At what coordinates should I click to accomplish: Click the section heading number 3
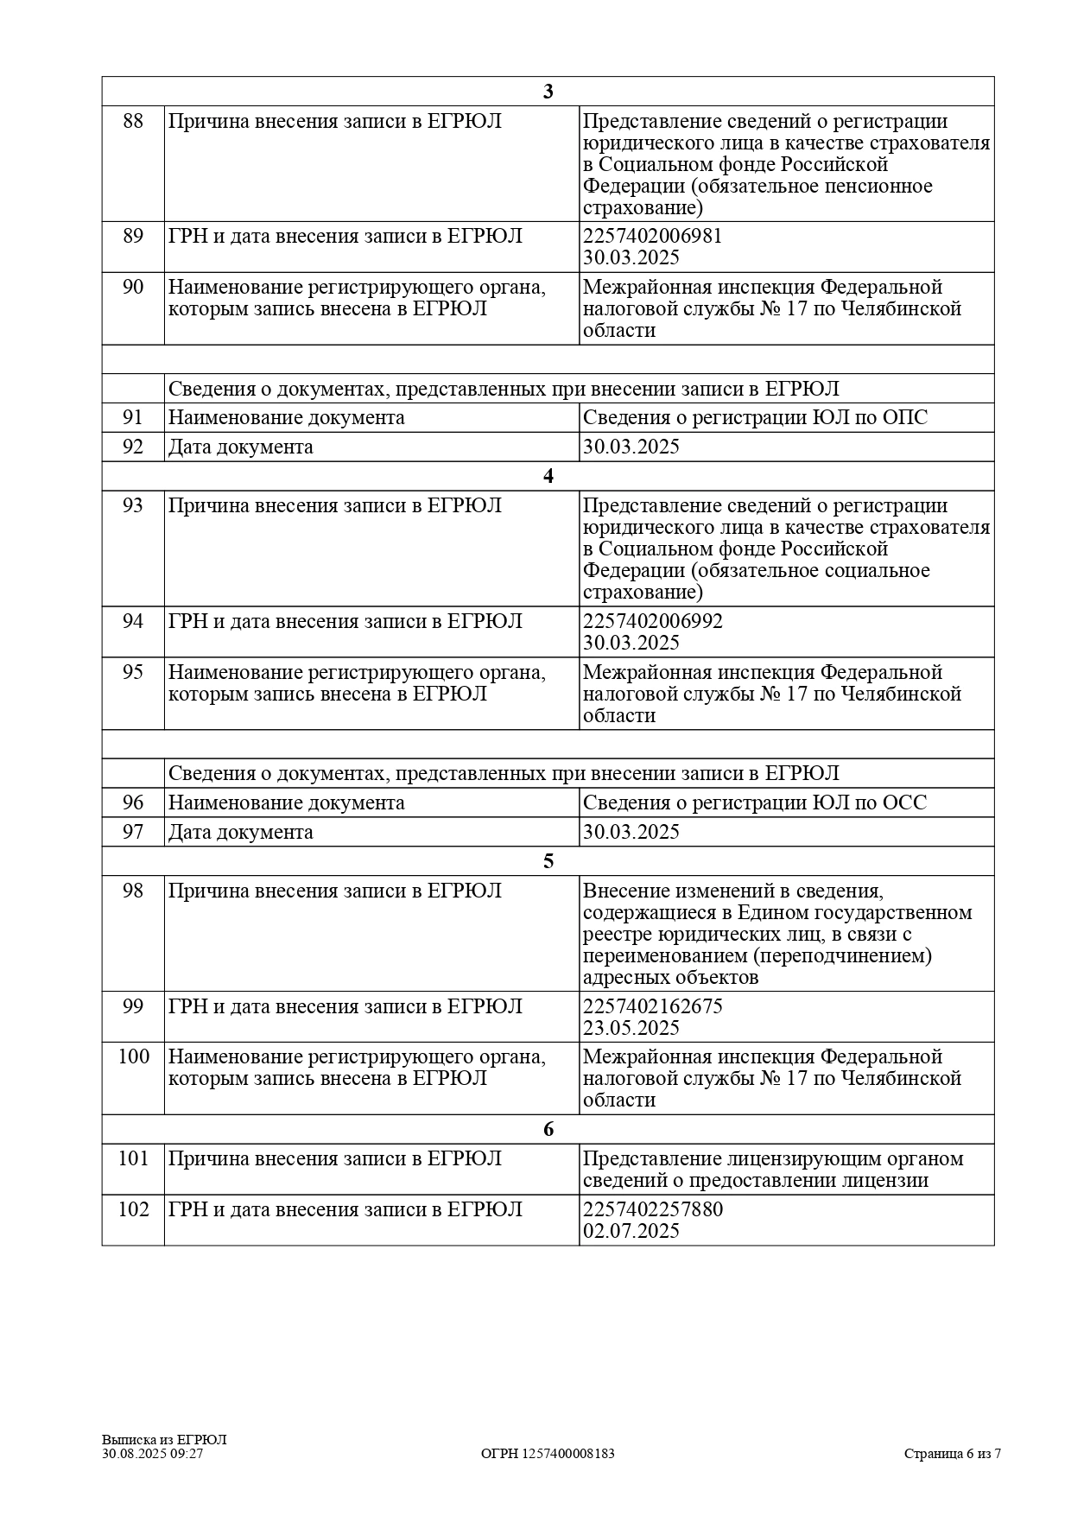point(548,92)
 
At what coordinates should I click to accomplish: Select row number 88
point(133,121)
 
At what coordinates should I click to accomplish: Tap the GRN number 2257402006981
point(652,236)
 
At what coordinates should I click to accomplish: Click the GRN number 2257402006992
point(652,621)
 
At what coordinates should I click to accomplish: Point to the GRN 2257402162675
point(652,1006)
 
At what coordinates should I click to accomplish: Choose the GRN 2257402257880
point(652,1209)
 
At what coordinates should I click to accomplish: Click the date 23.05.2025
point(631,1028)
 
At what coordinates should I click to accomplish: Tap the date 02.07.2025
point(631,1231)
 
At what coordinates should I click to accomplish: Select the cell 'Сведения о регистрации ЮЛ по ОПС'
point(755,418)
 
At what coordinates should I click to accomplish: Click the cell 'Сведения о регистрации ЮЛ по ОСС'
point(754,803)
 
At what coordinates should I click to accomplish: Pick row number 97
point(133,832)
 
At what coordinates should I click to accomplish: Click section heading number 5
point(548,861)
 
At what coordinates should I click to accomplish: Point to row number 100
point(133,1056)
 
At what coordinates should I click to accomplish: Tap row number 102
point(133,1209)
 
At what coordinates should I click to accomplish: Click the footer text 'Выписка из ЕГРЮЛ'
point(164,1440)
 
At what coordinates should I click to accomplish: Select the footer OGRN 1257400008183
point(548,1454)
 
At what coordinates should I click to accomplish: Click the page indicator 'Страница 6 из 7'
point(952,1454)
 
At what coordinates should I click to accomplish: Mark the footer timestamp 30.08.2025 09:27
point(152,1454)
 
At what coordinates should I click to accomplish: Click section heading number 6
point(548,1130)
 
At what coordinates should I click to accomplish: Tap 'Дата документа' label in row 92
point(240,447)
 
